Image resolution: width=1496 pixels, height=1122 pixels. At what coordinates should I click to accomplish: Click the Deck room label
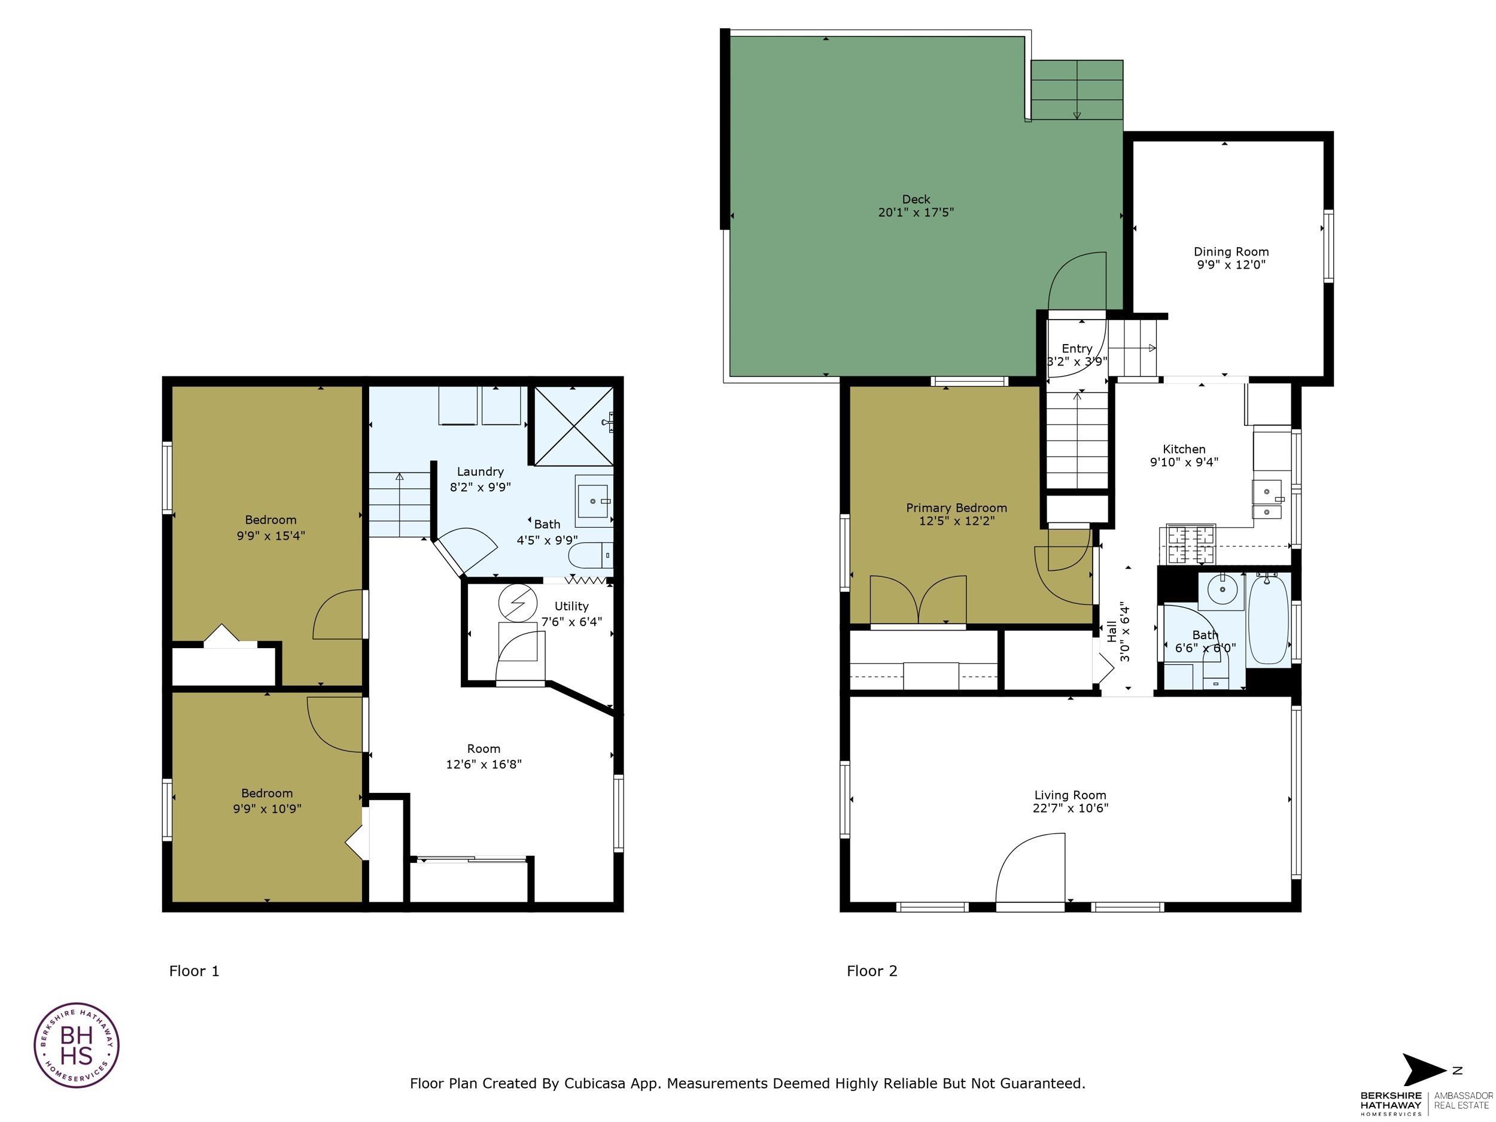point(916,199)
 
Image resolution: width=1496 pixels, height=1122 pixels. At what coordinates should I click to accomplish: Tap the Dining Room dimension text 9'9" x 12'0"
point(1230,265)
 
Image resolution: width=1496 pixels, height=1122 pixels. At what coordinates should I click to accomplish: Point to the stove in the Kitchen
point(1190,545)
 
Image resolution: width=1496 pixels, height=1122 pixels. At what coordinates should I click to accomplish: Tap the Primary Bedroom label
point(956,508)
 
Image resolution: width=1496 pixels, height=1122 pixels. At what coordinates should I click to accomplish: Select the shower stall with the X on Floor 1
point(573,426)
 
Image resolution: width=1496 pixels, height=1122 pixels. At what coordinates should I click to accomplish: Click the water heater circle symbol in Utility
point(516,602)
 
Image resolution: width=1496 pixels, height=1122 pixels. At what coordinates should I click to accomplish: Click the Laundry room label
point(479,472)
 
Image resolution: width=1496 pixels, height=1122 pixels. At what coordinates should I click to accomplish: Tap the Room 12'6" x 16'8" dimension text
point(484,765)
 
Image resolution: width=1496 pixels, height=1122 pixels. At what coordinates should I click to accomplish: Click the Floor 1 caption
point(194,971)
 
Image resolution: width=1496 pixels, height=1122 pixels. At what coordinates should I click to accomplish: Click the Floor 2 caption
point(872,971)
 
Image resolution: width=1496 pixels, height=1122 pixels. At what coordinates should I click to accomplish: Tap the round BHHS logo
point(77,1045)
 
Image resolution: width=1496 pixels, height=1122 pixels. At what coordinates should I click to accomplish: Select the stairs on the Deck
point(1076,90)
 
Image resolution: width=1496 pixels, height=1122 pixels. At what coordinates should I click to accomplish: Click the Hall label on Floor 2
point(1112,633)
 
